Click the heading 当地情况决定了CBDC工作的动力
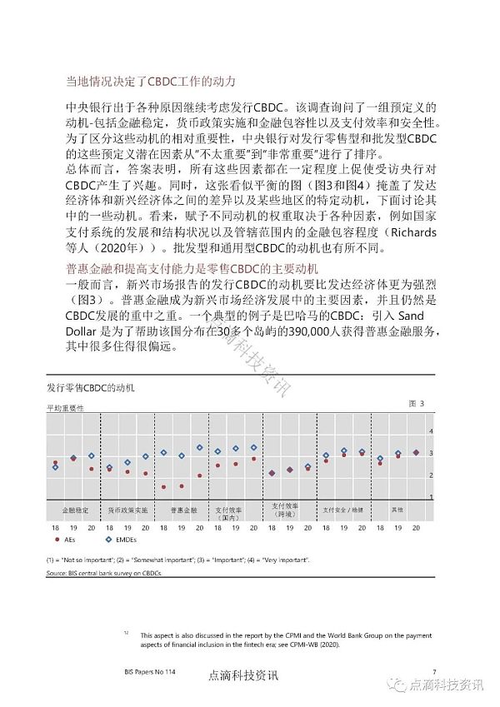tap(151, 82)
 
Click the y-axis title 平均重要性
tap(65, 408)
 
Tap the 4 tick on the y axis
tap(431, 431)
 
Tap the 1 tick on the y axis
tap(431, 496)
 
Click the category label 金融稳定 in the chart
tap(73, 508)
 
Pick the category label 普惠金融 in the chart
tap(183, 508)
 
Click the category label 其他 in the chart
tap(397, 508)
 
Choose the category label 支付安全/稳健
tap(342, 508)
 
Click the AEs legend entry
tap(69, 540)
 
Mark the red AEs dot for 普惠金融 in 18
tap(163, 487)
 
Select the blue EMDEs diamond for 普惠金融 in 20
tap(200, 447)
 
